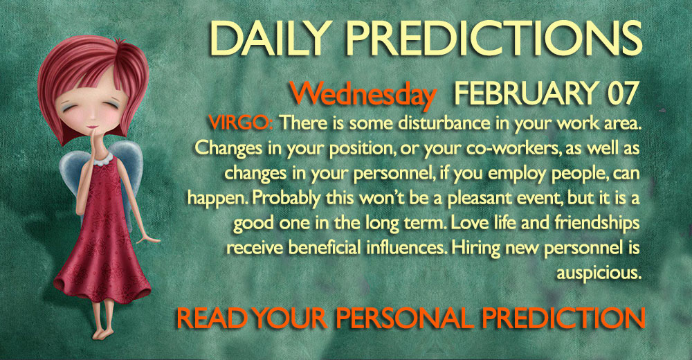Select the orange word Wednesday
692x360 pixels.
(x=362, y=95)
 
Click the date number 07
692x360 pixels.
(x=622, y=93)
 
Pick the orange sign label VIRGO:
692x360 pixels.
(x=241, y=123)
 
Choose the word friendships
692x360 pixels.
(x=597, y=223)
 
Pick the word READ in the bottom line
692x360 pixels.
(x=211, y=318)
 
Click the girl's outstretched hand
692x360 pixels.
(x=148, y=239)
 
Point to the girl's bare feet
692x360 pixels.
(x=103, y=332)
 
